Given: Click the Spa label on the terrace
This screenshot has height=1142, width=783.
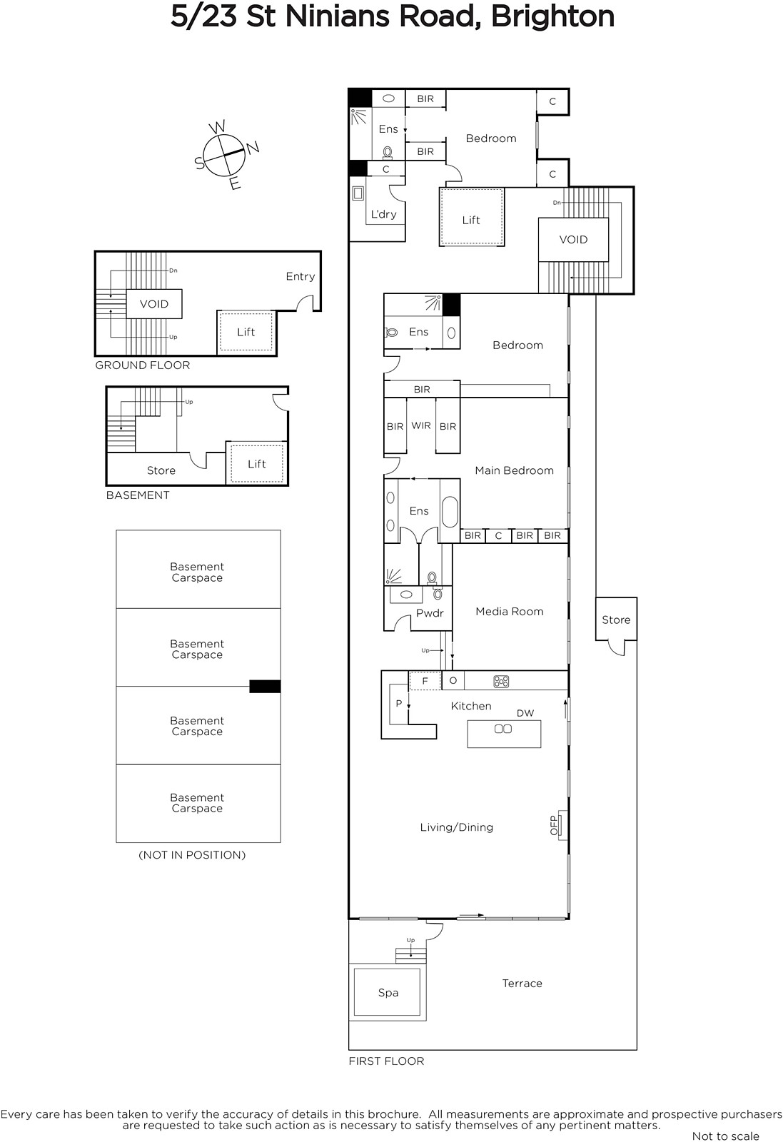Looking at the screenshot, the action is coord(388,993).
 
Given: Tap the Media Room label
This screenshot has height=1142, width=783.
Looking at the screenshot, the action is coord(509,611).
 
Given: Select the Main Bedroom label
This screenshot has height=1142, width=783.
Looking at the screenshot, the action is coord(514,470).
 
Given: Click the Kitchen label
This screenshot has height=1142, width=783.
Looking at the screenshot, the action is coord(471,706).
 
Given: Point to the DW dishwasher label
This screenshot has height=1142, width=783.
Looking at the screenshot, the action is coord(525,713).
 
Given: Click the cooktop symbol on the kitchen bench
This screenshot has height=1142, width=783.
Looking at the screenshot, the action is coord(501,681).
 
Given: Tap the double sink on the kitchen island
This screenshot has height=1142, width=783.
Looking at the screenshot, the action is coord(503,729).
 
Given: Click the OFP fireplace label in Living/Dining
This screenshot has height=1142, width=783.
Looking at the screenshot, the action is coord(554,825).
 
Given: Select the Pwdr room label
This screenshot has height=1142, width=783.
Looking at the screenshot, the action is coord(430,613).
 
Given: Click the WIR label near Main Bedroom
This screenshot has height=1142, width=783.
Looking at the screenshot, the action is coord(421,425).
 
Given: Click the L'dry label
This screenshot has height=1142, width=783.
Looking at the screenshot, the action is coord(383,214).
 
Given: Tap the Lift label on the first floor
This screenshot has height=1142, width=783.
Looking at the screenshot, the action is coord(471,220).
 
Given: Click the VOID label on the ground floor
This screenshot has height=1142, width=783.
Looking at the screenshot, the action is coord(154,304).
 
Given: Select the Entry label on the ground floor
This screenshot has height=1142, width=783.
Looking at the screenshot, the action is coord(300,276).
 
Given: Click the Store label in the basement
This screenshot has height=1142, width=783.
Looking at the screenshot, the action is coord(161,470).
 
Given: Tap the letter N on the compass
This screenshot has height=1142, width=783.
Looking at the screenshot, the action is coord(253,147).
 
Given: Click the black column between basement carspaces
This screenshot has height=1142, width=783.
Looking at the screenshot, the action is coord(265,686).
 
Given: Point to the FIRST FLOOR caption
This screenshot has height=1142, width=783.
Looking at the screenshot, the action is coord(386,1061).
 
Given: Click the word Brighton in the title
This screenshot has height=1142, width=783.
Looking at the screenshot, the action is coord(552,16).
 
